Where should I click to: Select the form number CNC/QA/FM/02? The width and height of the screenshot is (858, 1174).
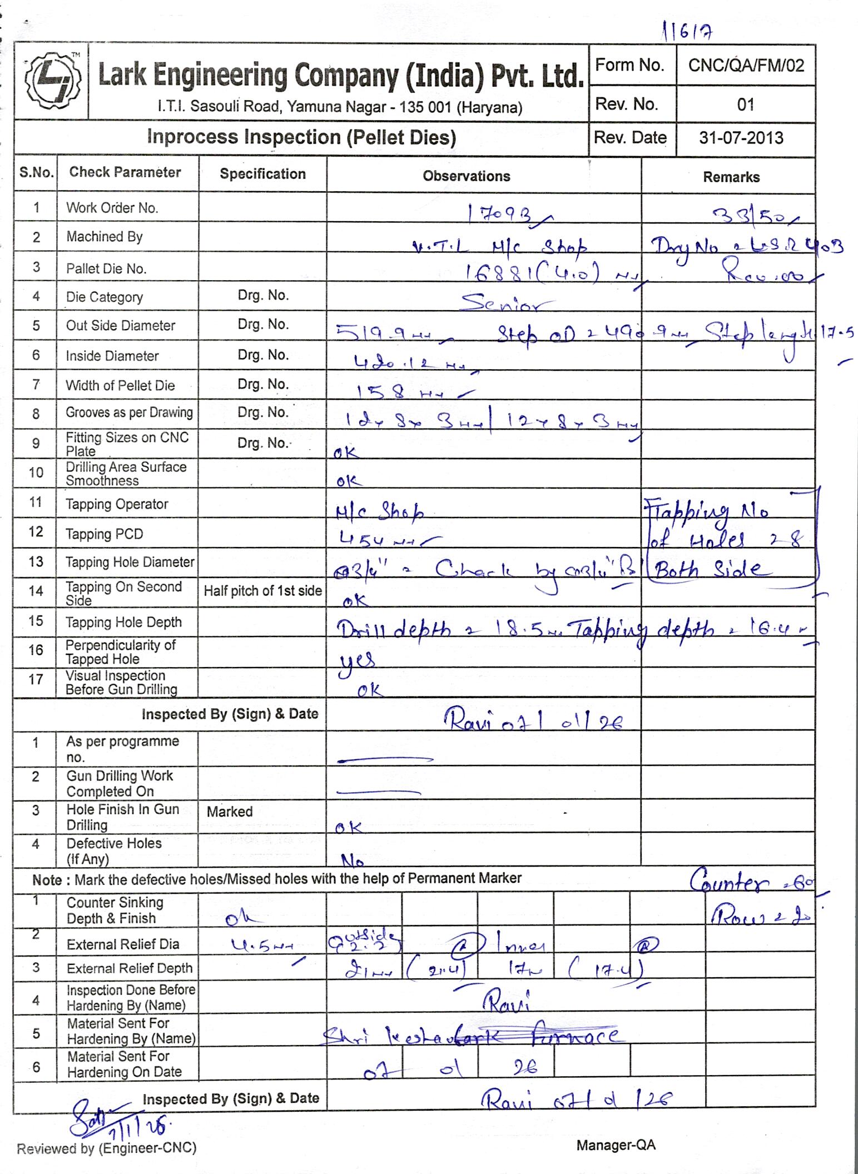point(746,66)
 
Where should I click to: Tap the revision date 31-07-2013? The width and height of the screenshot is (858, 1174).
point(741,138)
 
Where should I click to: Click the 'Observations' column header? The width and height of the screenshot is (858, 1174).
point(466,176)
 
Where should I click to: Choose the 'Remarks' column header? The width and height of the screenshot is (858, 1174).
point(731,177)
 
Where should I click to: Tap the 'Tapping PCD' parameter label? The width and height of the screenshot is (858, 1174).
point(105,534)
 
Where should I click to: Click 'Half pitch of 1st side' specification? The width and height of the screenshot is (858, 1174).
point(262,591)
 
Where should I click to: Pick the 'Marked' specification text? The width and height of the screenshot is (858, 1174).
point(230,812)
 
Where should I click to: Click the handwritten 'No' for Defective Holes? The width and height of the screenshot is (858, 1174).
point(353,861)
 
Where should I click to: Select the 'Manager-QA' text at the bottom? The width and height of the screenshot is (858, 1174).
point(616,1145)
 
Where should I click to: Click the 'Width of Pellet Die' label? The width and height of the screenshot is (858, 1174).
point(120,386)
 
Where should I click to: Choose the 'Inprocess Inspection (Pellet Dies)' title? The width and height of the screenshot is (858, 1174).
point(301,137)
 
